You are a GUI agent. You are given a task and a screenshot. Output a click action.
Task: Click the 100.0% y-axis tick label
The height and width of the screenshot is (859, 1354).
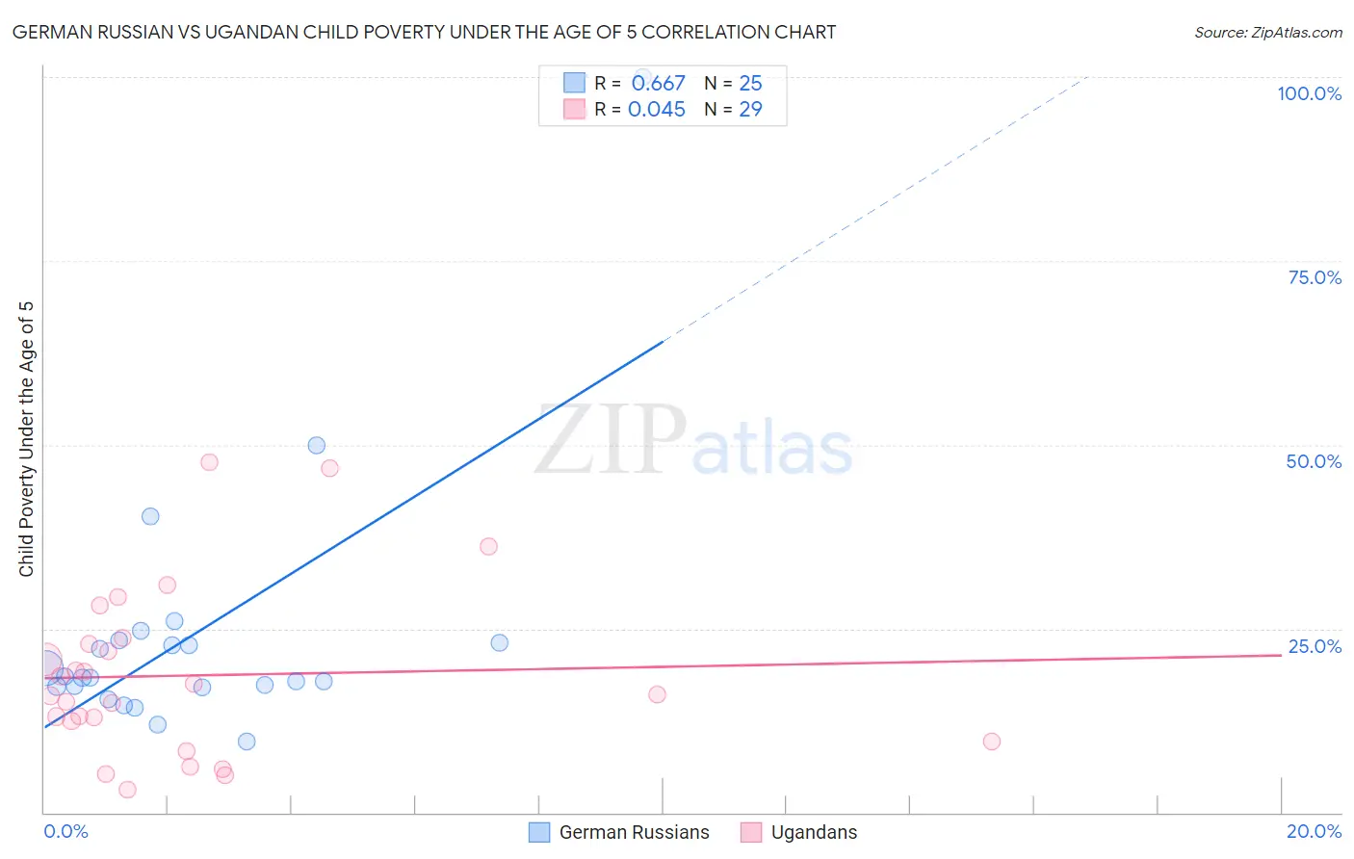pos(1309,93)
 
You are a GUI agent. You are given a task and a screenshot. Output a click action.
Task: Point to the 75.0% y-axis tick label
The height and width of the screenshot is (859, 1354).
pos(1315,277)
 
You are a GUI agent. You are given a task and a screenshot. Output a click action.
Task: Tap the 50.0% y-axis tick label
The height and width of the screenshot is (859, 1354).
pos(1314,461)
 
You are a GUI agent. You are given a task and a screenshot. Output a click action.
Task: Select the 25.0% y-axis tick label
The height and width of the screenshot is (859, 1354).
pos(1315,646)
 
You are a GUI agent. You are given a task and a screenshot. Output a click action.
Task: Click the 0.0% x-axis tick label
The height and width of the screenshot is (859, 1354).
pos(65,831)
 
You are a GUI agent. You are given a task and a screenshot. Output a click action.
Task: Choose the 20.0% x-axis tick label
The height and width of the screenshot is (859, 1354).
pos(1314,831)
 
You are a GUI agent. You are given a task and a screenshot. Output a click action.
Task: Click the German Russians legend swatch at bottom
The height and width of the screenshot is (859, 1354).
pos(539,832)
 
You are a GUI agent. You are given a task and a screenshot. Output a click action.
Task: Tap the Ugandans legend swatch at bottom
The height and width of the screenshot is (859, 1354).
pos(751,832)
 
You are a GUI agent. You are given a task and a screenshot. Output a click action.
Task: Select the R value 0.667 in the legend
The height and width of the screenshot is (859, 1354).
pos(658,84)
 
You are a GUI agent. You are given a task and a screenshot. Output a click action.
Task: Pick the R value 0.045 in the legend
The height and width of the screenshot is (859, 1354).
pos(656,110)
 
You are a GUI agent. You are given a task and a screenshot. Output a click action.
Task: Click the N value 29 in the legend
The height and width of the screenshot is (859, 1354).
pos(750,110)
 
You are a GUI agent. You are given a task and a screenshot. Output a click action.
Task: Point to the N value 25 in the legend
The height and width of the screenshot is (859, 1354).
pos(750,84)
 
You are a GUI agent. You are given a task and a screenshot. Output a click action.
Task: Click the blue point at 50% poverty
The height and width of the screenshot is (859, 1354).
pos(316,445)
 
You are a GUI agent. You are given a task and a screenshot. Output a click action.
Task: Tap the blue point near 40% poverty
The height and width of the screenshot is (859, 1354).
pos(150,516)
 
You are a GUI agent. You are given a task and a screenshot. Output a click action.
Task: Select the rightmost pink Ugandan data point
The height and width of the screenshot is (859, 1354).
pos(991,742)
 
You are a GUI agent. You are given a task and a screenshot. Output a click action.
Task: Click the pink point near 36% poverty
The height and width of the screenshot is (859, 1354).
pos(488,546)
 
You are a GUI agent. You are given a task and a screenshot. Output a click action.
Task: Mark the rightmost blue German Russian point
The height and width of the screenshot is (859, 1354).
pos(499,642)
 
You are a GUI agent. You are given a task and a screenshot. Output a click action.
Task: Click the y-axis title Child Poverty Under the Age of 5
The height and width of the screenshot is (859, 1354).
pos(27,439)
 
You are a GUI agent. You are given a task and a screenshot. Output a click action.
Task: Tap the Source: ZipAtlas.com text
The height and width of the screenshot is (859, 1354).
pos(1267,33)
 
